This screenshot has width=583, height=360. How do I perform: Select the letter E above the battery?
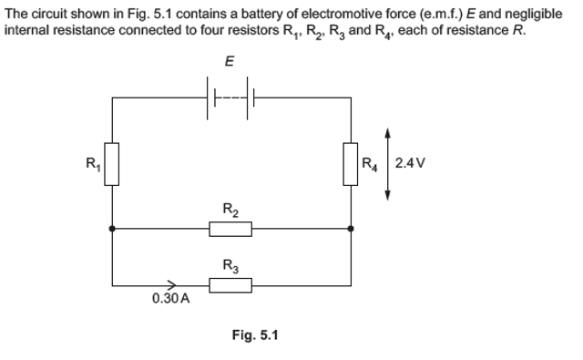point(230,61)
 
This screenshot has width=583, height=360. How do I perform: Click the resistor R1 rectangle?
point(112,164)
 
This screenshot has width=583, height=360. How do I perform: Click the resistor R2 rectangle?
point(230,228)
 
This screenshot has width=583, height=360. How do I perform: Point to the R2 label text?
point(230,211)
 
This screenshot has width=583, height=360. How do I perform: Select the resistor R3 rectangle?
point(230,284)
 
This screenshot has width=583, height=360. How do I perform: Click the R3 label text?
point(230,266)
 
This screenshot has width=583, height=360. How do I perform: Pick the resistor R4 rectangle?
point(351,164)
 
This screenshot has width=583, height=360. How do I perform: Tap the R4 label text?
point(370,165)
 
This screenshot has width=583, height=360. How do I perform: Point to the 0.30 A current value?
point(170,300)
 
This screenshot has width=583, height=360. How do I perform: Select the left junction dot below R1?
point(112,229)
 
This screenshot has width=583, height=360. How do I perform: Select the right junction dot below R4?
point(351,229)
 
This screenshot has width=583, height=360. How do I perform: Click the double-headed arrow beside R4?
point(389,164)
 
